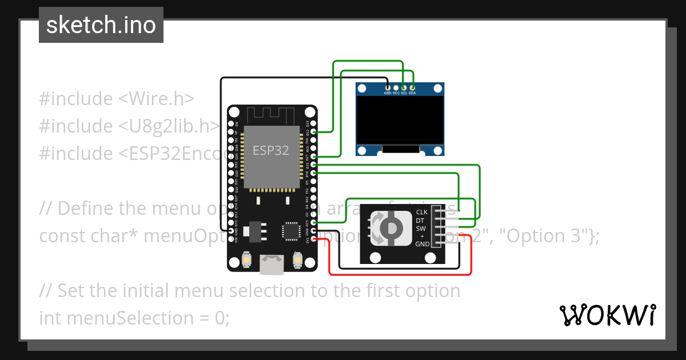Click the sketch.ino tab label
pyautogui.click(x=101, y=25)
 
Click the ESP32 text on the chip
pyautogui.click(x=271, y=150)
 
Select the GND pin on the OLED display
pyautogui.click(x=388, y=87)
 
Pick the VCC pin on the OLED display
pyautogui.click(x=396, y=87)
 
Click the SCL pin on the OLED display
pyautogui.click(x=404, y=87)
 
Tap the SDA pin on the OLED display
pyautogui.click(x=412, y=87)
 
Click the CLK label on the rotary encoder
pyautogui.click(x=422, y=212)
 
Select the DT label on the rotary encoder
pyautogui.click(x=420, y=220)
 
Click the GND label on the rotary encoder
pyautogui.click(x=422, y=244)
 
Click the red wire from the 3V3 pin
pyautogui.click(x=400, y=274)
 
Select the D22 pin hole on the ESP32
pyautogui.click(x=313, y=132)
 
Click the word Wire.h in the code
pyautogui.click(x=156, y=98)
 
